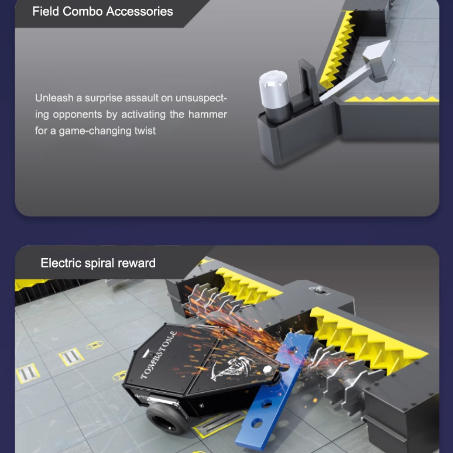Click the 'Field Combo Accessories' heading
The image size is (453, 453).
(x=102, y=12)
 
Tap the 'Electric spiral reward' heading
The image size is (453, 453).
(x=98, y=263)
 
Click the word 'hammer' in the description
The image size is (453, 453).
(x=207, y=114)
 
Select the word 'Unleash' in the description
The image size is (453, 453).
(x=54, y=98)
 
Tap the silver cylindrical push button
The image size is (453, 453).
(x=274, y=95)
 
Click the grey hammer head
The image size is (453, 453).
(x=378, y=61)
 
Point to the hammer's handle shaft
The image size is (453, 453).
(x=344, y=84)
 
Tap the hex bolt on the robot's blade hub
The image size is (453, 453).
(x=268, y=370)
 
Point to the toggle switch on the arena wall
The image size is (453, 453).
(x=320, y=290)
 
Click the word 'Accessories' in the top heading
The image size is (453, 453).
(x=139, y=12)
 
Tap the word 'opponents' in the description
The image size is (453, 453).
(x=77, y=115)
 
